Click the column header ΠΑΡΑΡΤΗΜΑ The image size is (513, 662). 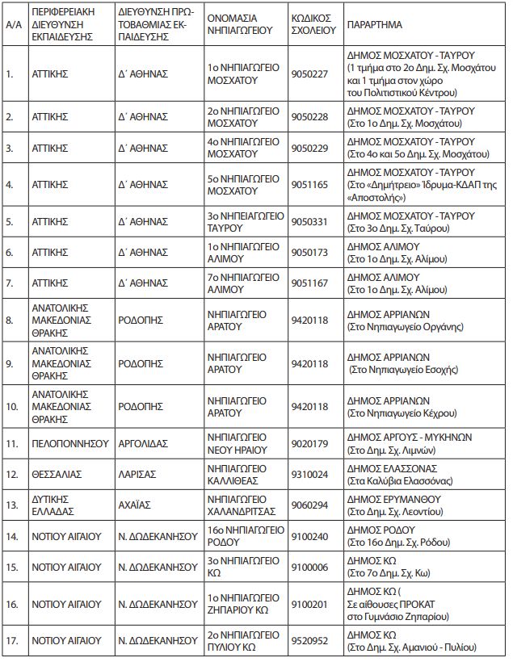tap(374, 25)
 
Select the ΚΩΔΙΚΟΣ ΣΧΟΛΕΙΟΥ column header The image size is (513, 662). tap(313, 25)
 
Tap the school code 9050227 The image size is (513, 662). tap(309, 73)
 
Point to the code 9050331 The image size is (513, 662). tap(309, 221)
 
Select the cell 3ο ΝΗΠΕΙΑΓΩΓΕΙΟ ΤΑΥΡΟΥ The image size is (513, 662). tap(243, 221)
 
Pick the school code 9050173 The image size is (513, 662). tap(309, 252)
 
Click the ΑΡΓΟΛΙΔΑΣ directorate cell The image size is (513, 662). tap(146, 442)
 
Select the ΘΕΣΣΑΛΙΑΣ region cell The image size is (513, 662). tap(56, 473)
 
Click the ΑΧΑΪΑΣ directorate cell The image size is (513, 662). tap(137, 505)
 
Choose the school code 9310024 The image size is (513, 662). tap(309, 473)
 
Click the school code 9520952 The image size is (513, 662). tap(309, 640)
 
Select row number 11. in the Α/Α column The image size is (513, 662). tap(12, 442)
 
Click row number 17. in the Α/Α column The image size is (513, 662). tap(12, 640)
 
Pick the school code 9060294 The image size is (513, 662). tap(309, 505)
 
